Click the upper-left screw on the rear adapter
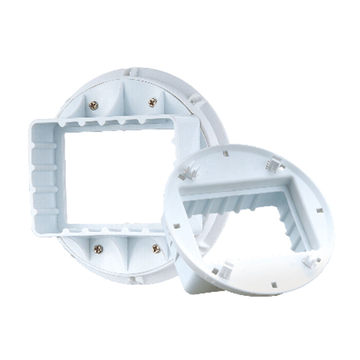pyautogui.click(x=94, y=105)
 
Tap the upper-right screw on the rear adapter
pyautogui.click(x=152, y=102)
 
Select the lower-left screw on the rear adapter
pyautogui.click(x=98, y=249)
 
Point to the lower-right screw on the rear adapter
pyautogui.click(x=156, y=248)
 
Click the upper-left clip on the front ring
pyautogui.click(x=189, y=171)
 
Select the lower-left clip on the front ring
pyautogui.click(x=226, y=270)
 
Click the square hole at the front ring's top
pyautogui.click(x=225, y=153)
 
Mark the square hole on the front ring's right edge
pyautogui.click(x=319, y=210)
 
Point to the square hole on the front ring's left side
pyautogui.click(x=176, y=226)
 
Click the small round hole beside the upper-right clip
pyautogui.click(x=283, y=167)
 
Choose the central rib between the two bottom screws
pyautogui.click(x=126, y=252)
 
